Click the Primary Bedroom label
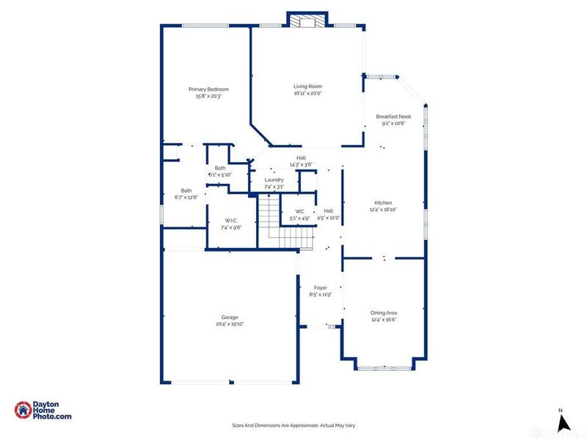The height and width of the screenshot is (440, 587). [x=208, y=89]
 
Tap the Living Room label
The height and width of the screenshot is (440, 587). [x=308, y=87]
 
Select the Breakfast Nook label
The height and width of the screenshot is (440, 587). [x=393, y=117]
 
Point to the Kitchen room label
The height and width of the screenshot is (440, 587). [x=383, y=202]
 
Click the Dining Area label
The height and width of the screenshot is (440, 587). [x=383, y=313]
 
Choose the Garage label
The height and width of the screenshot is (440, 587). [x=230, y=317]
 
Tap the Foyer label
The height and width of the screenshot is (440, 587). [x=320, y=287]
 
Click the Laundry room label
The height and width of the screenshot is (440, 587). [x=274, y=180]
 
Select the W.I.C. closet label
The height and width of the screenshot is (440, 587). [x=230, y=221]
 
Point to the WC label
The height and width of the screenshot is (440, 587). [x=299, y=211]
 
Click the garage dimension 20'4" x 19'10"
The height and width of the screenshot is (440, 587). [x=230, y=323]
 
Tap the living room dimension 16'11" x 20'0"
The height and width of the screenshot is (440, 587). [x=308, y=93]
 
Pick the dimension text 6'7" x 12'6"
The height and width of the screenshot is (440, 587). [x=186, y=197]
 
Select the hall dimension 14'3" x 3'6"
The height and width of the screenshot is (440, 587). [x=301, y=164]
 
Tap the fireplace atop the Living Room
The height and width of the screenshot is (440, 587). [x=306, y=21]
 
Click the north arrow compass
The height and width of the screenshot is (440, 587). [x=563, y=421]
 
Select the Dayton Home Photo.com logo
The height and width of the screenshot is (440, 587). [x=44, y=411]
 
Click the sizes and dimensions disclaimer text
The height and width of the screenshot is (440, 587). [x=293, y=425]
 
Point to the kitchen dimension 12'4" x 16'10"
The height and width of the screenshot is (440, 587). [x=383, y=209]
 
